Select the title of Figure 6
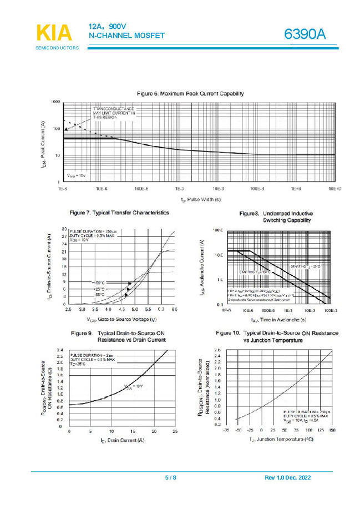[x=190, y=93]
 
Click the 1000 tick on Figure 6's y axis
[x=55, y=102]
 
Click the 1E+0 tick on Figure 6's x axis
[x=296, y=189]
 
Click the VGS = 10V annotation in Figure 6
[x=76, y=175]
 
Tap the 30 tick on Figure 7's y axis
[x=64, y=228]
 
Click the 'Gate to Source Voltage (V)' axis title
[x=121, y=319]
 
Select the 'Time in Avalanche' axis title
[x=275, y=320]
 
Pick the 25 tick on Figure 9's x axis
[x=175, y=431]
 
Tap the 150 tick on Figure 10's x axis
[x=332, y=430]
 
